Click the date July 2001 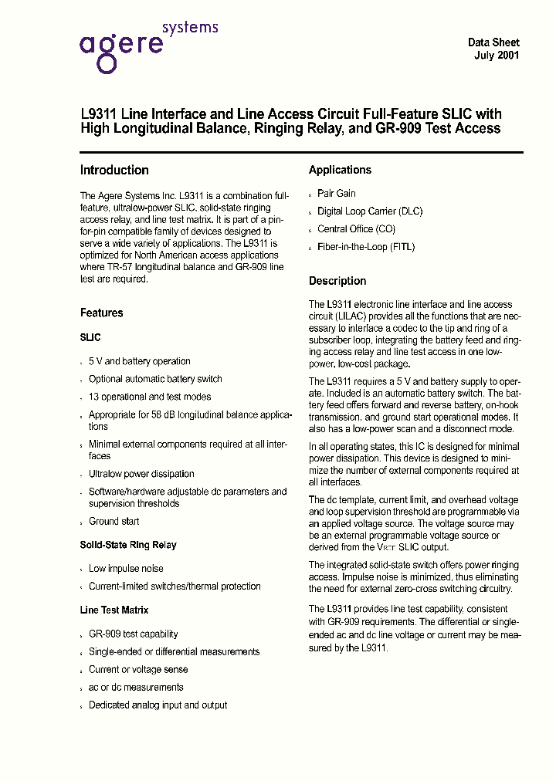coord(496,56)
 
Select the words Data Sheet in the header coord(493,42)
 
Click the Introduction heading coord(114,171)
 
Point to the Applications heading coord(340,170)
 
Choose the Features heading coord(101,313)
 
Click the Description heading coord(337,281)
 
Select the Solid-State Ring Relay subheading coord(128,545)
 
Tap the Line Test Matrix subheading coord(114,610)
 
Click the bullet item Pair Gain coord(337,194)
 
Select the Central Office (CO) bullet coord(356,229)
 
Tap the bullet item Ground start coord(114,521)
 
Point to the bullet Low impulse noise coord(126,569)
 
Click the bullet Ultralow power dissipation coord(141,474)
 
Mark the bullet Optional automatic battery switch coord(155,379)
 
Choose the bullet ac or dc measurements coord(136,687)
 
